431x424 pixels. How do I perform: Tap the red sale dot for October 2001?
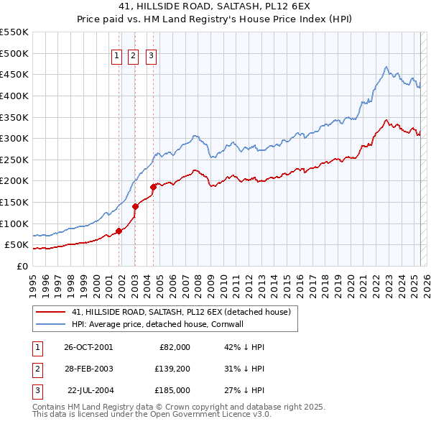tap(119, 231)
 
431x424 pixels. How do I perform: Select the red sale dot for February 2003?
tap(135, 206)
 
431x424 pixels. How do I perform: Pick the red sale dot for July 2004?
tap(153, 187)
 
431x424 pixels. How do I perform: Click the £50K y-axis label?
tap(17, 245)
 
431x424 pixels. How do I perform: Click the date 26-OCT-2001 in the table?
tap(88, 347)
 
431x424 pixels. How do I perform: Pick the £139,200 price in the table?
tap(173, 369)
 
